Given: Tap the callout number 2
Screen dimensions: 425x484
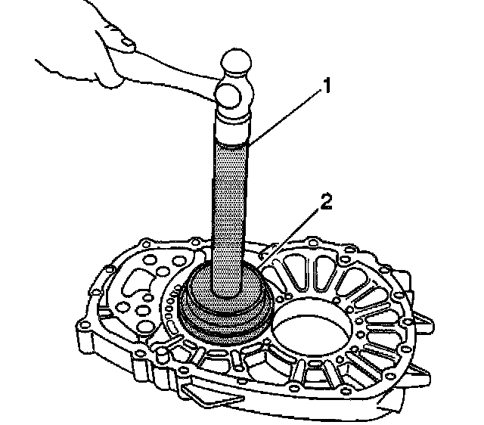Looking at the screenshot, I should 326,201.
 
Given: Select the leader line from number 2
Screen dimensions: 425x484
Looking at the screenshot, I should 291,231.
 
